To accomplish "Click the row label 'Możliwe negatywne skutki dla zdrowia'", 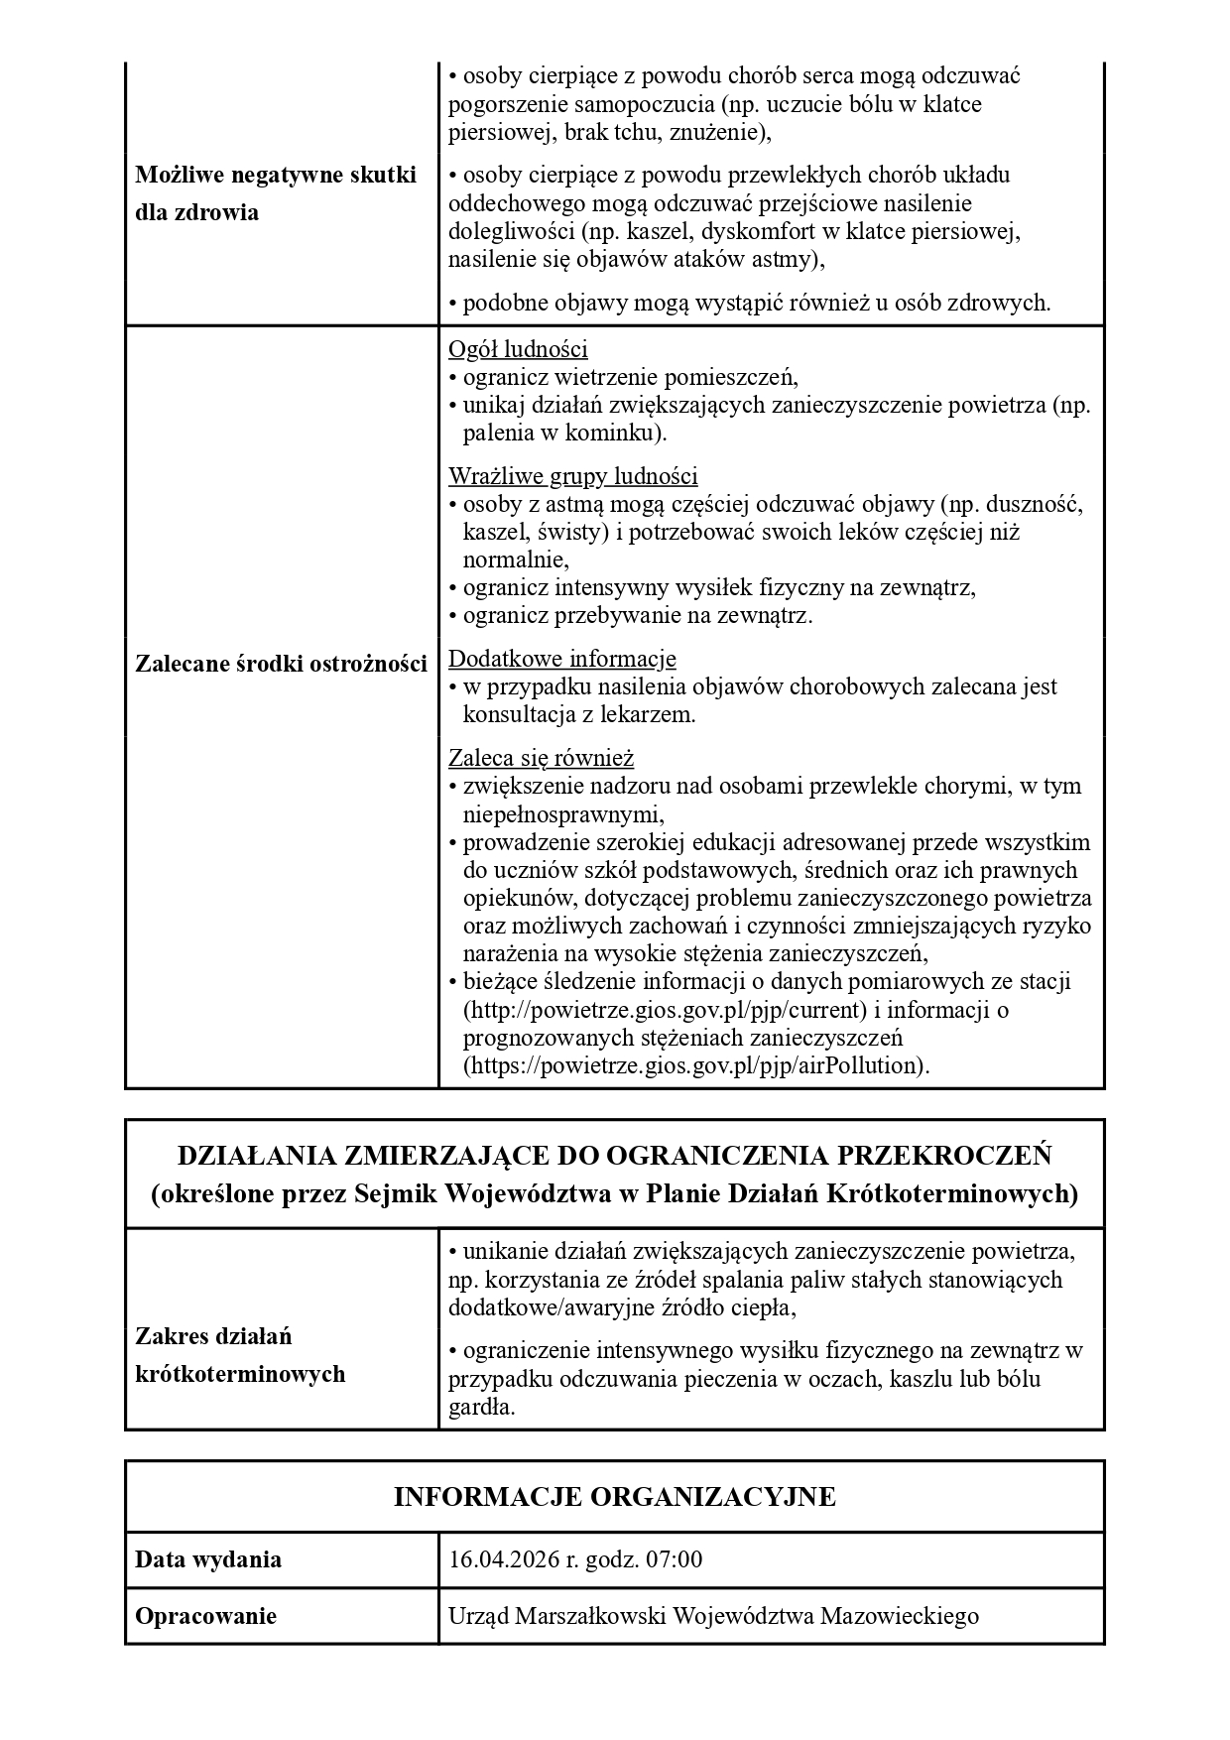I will (275, 193).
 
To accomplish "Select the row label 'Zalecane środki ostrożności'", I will (281, 664).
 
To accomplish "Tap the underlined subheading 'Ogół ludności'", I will (518, 349).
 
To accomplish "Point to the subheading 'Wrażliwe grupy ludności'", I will (572, 476).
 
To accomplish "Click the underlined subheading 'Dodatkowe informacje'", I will (561, 659).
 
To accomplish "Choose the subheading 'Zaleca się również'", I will (541, 759).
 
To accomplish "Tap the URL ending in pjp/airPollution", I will (694, 1066).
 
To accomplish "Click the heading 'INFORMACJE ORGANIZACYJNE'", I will (614, 1496).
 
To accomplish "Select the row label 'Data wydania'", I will (208, 1559).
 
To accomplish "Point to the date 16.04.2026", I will (503, 1559).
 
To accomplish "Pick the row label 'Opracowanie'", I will (205, 1616).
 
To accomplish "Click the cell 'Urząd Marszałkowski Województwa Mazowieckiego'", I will (713, 1616).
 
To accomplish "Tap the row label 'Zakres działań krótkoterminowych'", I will (239, 1355).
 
